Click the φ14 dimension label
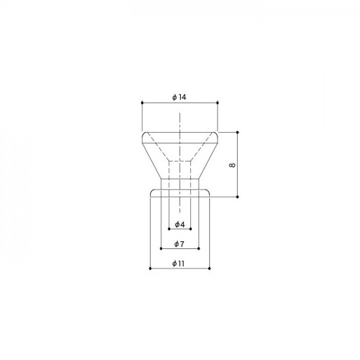click(179, 97)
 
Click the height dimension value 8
click(232, 164)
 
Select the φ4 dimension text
click(179, 224)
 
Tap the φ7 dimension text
click(179, 244)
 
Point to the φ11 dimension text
click(179, 263)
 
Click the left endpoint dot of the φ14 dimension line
click(142, 103)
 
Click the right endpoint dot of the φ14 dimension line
click(218, 103)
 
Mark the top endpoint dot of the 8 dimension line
click(238, 131)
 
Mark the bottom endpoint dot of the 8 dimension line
click(238, 197)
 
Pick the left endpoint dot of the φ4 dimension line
click(169, 229)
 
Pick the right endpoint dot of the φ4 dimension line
click(191, 229)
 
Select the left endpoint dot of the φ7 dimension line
click(160, 248)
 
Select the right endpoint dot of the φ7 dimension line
click(199, 248)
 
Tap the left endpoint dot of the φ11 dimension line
click(149, 268)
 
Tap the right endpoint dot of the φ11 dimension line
click(209, 268)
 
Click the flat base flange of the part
click(179, 193)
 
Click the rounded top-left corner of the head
click(143, 134)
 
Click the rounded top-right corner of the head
click(216, 134)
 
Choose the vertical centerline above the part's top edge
click(179, 120)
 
